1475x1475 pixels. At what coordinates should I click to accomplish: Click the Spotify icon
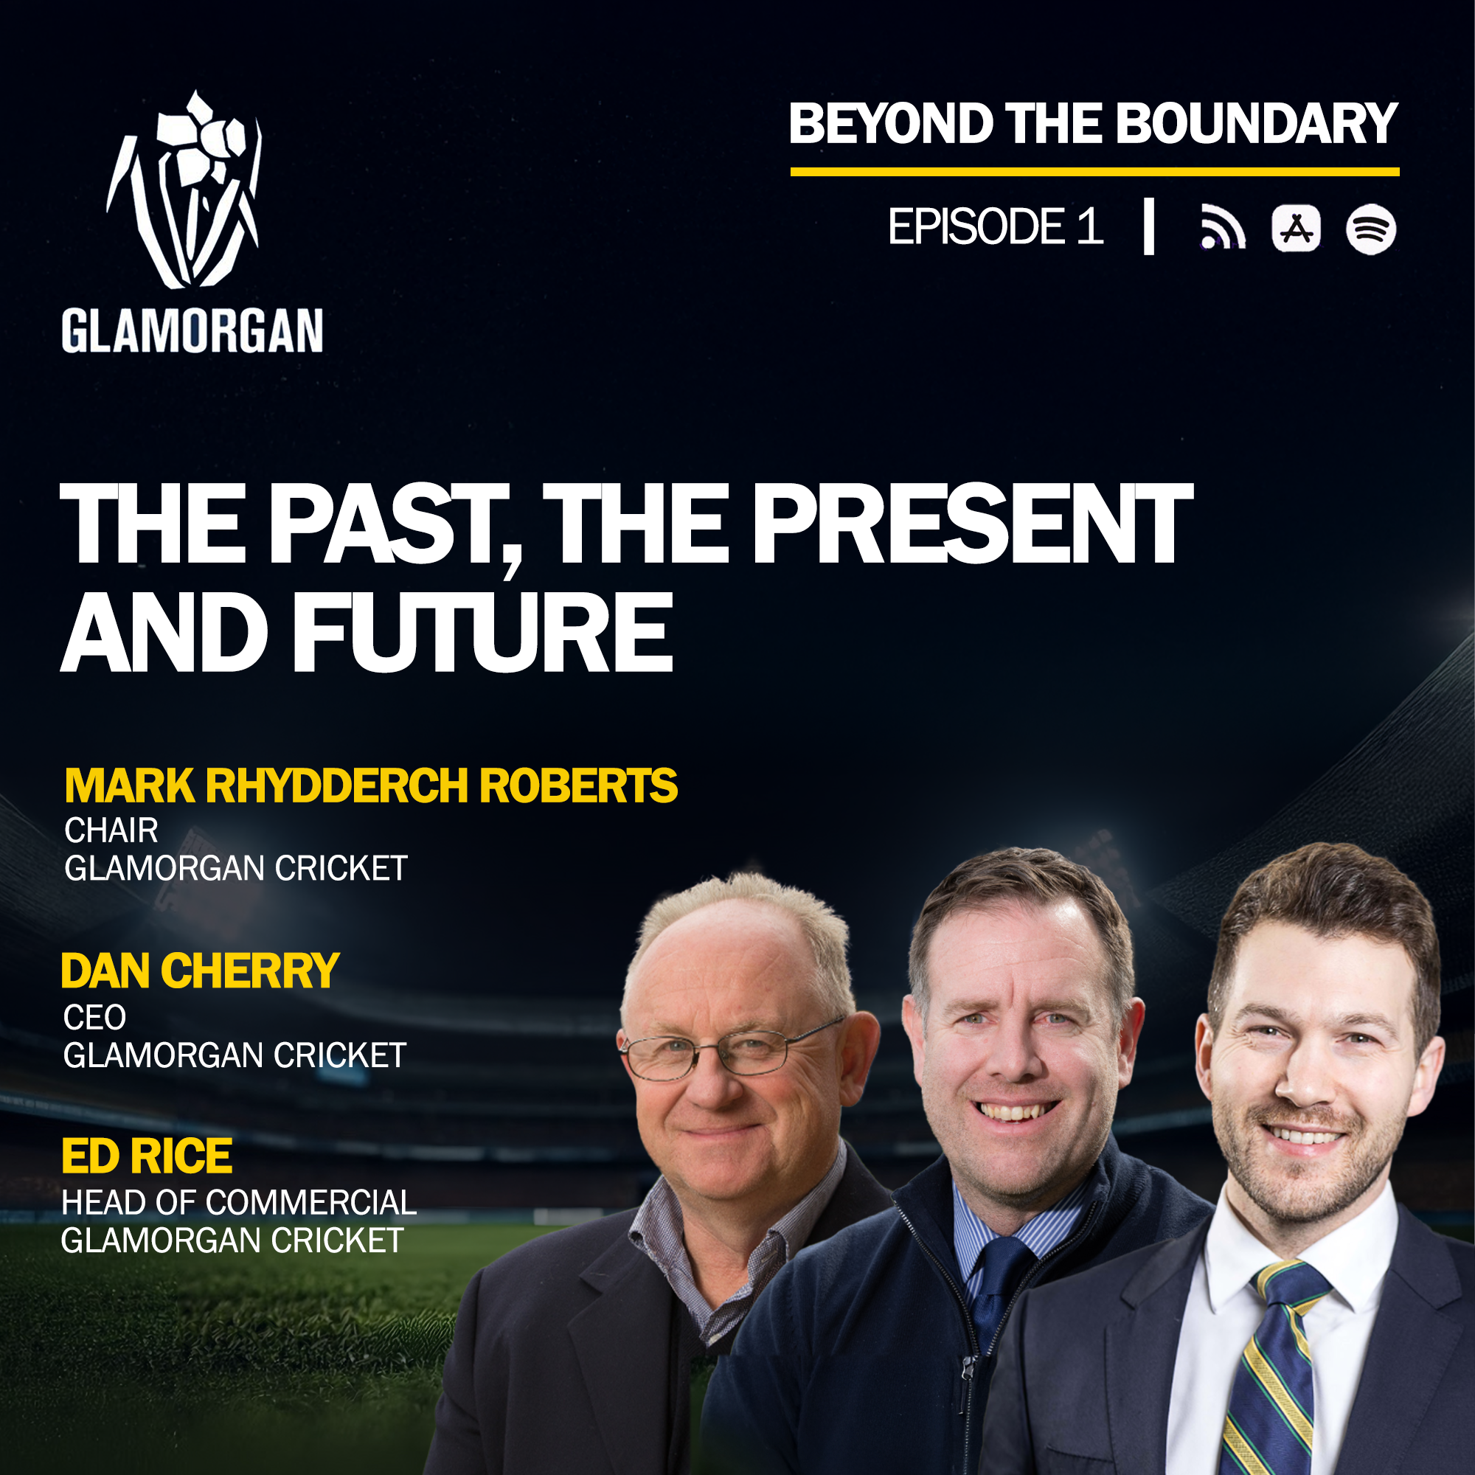[x=1370, y=229]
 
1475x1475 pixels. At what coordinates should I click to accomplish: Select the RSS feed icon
[x=1222, y=226]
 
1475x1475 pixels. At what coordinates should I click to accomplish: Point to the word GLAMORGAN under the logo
[x=192, y=330]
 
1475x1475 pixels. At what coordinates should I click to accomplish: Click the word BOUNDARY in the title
[x=1256, y=124]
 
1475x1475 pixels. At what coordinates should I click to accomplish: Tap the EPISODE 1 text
[x=996, y=226]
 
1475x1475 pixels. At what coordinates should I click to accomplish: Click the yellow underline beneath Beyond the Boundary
[x=1094, y=172]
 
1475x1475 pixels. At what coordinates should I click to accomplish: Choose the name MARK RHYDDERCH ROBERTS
[x=371, y=785]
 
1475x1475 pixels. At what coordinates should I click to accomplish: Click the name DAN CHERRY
[x=200, y=971]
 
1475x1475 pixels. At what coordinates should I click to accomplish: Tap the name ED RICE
[x=147, y=1156]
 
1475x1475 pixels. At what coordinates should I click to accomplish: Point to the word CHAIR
[x=111, y=830]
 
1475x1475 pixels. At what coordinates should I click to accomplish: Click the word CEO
[x=94, y=1018]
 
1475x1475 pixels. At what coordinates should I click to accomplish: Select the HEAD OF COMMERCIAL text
[x=239, y=1203]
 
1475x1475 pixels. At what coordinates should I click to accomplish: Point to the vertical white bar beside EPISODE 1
[x=1148, y=226]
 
